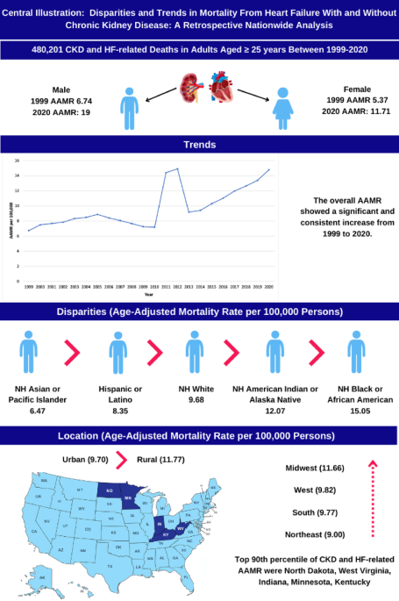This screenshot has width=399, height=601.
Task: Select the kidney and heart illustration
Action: pyautogui.click(x=207, y=96)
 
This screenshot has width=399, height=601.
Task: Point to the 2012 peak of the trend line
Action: pyautogui.click(x=177, y=168)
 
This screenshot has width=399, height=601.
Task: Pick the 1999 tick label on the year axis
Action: pyautogui.click(x=28, y=286)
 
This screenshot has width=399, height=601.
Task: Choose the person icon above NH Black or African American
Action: pyautogui.click(x=355, y=356)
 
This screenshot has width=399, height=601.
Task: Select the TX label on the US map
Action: pyautogui.click(x=110, y=565)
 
